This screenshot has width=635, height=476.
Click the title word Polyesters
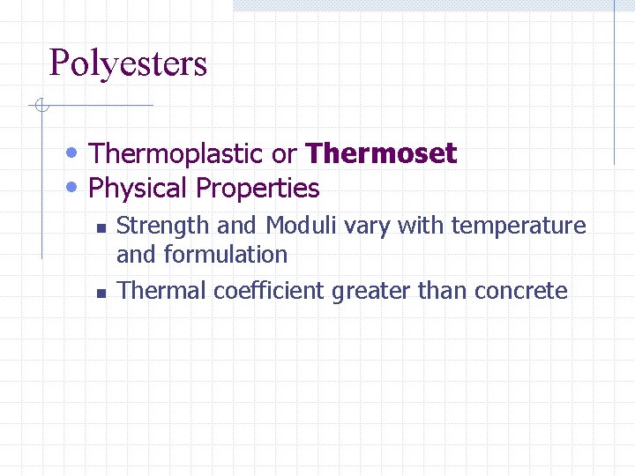[x=128, y=64]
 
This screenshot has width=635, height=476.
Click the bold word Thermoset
[x=380, y=154]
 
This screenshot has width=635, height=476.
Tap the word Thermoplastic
[x=176, y=154]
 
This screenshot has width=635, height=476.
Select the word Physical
[x=138, y=189]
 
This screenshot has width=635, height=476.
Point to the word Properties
[x=258, y=189]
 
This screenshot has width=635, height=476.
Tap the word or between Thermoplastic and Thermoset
[x=284, y=155]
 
